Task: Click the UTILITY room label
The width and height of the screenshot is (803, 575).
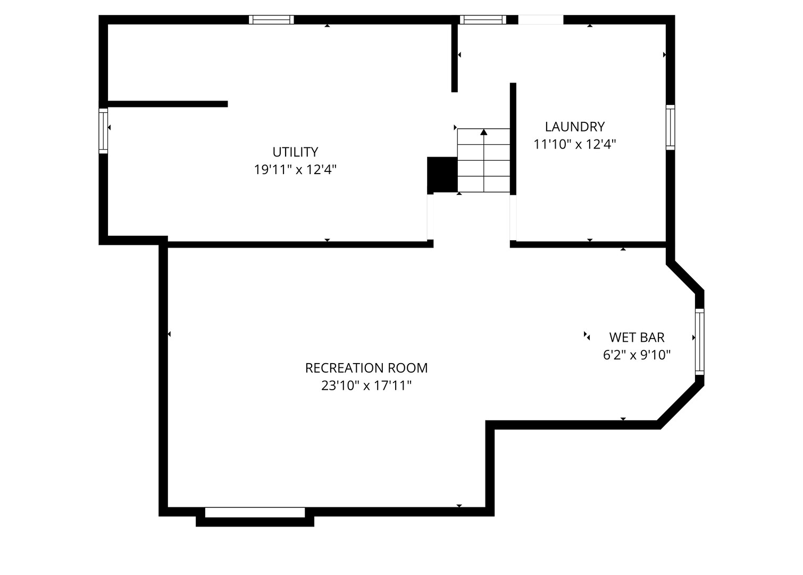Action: (x=295, y=152)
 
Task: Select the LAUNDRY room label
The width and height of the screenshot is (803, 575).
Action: (x=574, y=127)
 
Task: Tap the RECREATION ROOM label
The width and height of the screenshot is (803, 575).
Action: (x=366, y=368)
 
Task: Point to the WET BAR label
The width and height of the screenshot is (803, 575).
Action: (x=637, y=338)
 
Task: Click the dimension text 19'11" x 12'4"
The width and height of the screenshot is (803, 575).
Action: (x=295, y=170)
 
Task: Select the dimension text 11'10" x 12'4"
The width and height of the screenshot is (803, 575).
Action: (x=574, y=144)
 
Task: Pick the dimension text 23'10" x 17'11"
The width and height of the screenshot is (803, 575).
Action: (x=366, y=385)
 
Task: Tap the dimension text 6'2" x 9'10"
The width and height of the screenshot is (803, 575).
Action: (x=637, y=355)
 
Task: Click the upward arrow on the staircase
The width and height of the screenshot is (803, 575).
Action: (x=483, y=132)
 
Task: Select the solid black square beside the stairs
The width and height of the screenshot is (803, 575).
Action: (x=442, y=174)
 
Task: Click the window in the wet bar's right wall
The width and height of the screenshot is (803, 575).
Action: (x=699, y=341)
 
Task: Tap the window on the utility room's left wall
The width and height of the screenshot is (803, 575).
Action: (x=103, y=130)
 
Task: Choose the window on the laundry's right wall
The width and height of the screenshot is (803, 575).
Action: (x=670, y=127)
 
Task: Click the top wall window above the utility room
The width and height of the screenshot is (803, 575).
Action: (x=271, y=20)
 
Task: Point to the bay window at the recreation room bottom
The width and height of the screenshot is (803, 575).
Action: (x=255, y=512)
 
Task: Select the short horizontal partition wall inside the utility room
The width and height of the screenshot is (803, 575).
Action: (x=168, y=104)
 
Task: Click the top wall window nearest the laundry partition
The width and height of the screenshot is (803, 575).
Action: (x=482, y=20)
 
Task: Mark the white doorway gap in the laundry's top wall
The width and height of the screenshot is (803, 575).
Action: (x=540, y=20)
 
